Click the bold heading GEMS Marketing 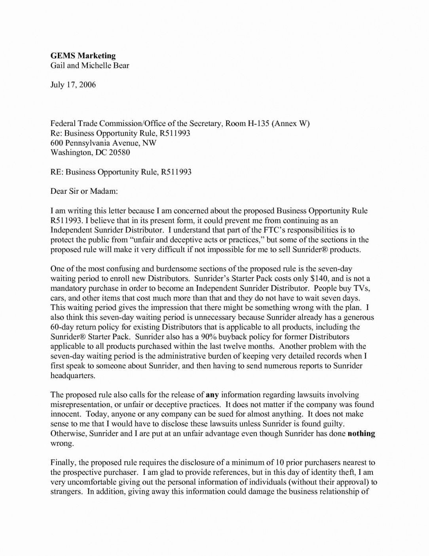pyautogui.click(x=83, y=56)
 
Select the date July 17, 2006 pyautogui.click(x=73, y=85)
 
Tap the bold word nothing pyautogui.click(x=361, y=434)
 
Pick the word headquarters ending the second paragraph pyautogui.click(x=73, y=376)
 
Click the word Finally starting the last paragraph pyautogui.click(x=63, y=462)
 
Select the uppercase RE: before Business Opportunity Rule pyautogui.click(x=57, y=172)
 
